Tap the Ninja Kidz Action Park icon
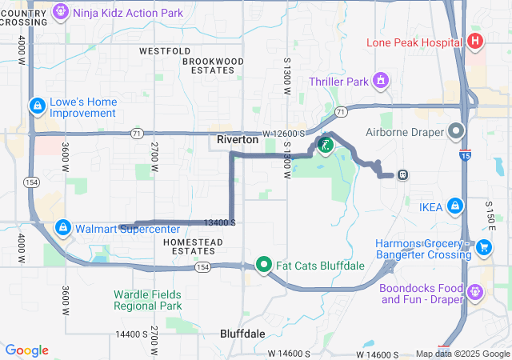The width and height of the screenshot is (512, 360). [x=61, y=12]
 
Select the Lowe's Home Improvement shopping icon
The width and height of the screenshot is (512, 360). [x=37, y=106]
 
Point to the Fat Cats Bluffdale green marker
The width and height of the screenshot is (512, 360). [x=263, y=265]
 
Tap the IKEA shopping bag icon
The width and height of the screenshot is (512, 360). [x=454, y=206]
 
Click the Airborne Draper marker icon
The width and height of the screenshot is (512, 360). [x=456, y=130]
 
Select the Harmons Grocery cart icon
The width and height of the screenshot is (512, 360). [x=483, y=248]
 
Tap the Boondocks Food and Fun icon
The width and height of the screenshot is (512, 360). [x=478, y=292]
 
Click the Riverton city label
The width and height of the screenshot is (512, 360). [x=238, y=140]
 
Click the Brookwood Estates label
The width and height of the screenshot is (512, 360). [x=213, y=66]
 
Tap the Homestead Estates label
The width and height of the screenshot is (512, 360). [x=189, y=246]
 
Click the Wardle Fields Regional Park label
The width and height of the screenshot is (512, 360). [x=147, y=299]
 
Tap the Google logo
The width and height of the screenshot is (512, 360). [x=27, y=350]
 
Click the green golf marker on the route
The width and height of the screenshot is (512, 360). [x=326, y=145]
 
